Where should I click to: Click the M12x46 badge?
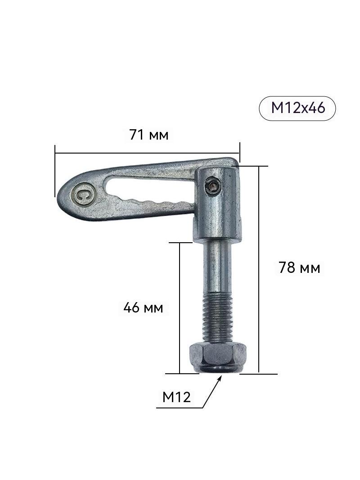coord(297,108)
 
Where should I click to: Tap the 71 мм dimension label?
coord(149,135)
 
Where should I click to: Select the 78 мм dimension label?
coord(299,268)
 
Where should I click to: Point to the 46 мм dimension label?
coord(143,308)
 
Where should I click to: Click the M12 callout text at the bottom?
coord(176,397)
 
